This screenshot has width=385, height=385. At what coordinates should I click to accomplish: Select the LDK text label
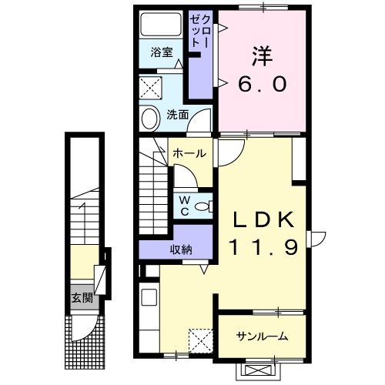pyautogui.click(x=264, y=219)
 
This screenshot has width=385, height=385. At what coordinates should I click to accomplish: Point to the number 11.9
pyautogui.click(x=264, y=249)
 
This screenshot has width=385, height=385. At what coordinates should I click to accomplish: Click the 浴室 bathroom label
pyautogui.click(x=161, y=53)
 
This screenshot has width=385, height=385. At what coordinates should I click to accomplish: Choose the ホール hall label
pyautogui.click(x=188, y=153)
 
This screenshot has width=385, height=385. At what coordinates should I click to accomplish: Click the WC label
pyautogui.click(x=185, y=204)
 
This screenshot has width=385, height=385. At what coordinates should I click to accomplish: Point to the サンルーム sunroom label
pyautogui.click(x=262, y=336)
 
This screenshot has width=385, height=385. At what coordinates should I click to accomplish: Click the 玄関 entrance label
pyautogui.click(x=81, y=298)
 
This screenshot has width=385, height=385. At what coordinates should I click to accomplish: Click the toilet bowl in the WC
pyautogui.click(x=203, y=206)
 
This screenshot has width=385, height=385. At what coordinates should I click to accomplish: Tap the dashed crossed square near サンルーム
pyautogui.click(x=199, y=340)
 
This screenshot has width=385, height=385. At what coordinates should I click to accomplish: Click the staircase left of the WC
pyautogui.click(x=155, y=191)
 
